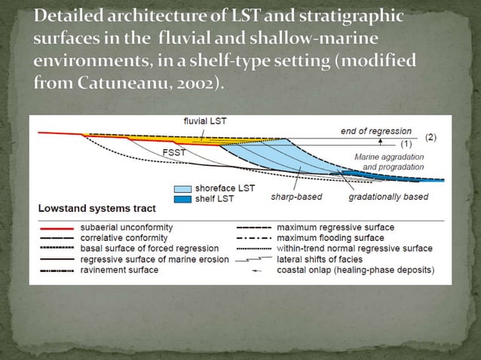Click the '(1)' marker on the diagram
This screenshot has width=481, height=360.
coord(406,143)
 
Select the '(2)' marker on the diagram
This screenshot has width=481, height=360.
coord(430,138)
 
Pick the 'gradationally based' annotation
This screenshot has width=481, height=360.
coord(388,197)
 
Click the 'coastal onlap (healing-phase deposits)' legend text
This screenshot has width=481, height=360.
coord(355,270)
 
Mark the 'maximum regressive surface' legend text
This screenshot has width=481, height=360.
coord(335,227)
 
